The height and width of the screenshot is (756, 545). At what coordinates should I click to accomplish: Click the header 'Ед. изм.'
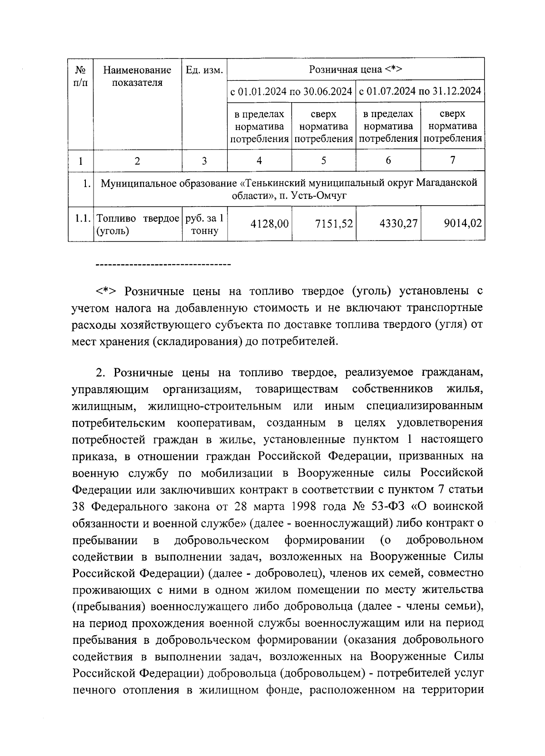click(x=204, y=70)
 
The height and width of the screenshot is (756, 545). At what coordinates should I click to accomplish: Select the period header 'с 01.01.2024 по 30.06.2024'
click(x=292, y=91)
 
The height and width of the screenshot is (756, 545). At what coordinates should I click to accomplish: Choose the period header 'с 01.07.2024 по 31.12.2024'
click(x=420, y=91)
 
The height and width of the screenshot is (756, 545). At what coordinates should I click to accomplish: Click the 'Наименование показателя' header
click(x=137, y=76)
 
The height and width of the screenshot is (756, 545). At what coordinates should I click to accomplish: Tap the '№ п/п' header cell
click(x=80, y=76)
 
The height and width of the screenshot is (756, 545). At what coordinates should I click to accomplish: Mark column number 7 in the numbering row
click(x=452, y=160)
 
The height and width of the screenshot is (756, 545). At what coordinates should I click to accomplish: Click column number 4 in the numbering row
click(x=259, y=160)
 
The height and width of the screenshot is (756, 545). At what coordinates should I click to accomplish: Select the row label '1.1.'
click(x=81, y=218)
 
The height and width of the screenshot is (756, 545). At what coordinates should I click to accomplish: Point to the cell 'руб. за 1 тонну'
click(x=204, y=224)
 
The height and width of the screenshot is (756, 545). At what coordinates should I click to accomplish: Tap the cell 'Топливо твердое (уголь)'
click(x=137, y=224)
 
